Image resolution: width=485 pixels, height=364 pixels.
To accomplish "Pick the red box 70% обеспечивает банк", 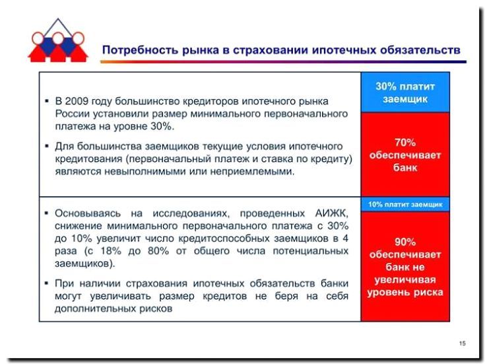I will point(404,155).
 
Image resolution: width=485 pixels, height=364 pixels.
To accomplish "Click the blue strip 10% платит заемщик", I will point(404,204).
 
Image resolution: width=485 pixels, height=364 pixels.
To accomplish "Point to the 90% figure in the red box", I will point(405,242).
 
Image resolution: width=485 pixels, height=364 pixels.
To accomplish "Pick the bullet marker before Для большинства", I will point(47,146).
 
